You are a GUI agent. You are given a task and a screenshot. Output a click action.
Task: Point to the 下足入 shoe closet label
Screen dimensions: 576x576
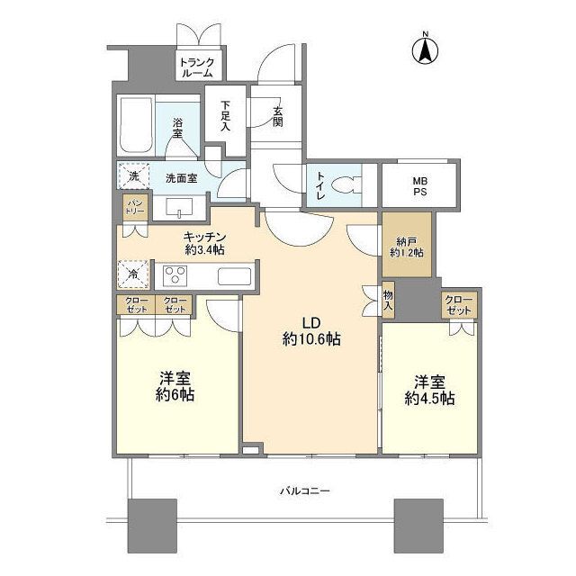click(x=225, y=114)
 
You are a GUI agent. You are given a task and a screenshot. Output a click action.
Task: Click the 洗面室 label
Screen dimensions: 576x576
click(x=181, y=177)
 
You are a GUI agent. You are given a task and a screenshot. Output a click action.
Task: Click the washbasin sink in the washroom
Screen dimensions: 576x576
click(x=180, y=209)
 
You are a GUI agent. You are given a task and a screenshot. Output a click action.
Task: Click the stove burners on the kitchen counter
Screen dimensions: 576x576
click(x=175, y=274)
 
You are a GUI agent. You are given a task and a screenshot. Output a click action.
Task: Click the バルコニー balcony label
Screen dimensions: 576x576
click(x=302, y=491)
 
